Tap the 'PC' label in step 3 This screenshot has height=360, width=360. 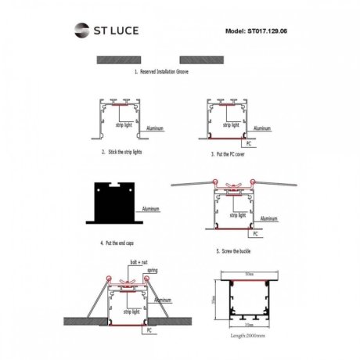(x=248, y=145)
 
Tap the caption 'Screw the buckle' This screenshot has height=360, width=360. (x=237, y=253)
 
